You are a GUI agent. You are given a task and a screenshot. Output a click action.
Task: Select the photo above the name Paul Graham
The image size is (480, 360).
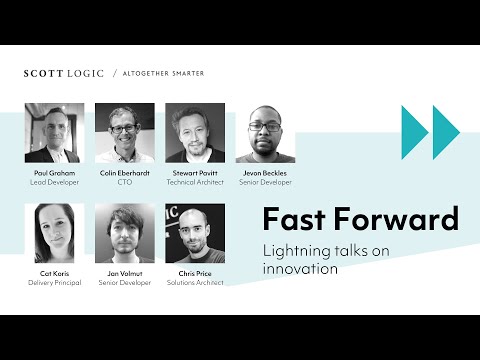coord(55,133)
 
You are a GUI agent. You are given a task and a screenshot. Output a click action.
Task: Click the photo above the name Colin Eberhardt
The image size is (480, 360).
coord(125,133)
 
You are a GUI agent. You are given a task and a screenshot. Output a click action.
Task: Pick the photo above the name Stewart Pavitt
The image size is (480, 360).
coord(195,133)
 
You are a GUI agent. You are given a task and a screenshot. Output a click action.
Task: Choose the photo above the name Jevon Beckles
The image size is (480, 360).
coord(265,133)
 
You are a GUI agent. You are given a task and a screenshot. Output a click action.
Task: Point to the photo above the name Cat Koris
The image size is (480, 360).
coord(55,233)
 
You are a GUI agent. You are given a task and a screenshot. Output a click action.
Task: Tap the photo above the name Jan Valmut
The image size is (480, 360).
coord(125,233)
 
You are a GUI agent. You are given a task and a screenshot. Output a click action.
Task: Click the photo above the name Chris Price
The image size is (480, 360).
coord(195,233)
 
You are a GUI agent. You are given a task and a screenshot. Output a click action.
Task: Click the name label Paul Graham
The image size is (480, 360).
coord(55,173)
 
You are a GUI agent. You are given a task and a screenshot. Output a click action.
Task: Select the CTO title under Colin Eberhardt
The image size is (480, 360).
coord(125,182)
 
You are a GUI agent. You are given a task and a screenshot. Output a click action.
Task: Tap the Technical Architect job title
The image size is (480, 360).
coord(195,182)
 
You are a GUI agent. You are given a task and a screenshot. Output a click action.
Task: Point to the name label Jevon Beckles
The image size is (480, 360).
coord(265,173)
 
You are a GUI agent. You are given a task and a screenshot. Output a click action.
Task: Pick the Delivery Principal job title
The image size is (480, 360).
coord(55,283)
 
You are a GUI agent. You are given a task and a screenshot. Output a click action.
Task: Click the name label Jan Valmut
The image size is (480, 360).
coord(125,273)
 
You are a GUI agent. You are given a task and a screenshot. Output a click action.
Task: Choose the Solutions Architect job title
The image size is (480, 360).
coord(195,283)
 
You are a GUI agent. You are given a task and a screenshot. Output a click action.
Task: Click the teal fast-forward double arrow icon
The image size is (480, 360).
coord(429,132)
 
